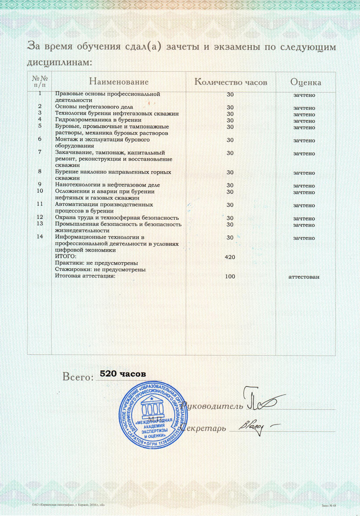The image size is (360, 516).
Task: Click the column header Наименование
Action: (x=118, y=82)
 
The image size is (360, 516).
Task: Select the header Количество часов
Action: (x=230, y=82)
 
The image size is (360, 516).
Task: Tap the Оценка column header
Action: (x=306, y=82)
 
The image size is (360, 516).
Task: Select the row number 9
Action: (x=40, y=185)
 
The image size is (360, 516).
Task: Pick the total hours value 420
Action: (x=230, y=256)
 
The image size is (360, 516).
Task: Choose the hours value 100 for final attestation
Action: (x=230, y=277)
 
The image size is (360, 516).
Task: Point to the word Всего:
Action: (x=76, y=376)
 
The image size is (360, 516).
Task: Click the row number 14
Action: (x=40, y=237)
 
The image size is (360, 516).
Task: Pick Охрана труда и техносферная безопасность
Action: (x=117, y=218)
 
